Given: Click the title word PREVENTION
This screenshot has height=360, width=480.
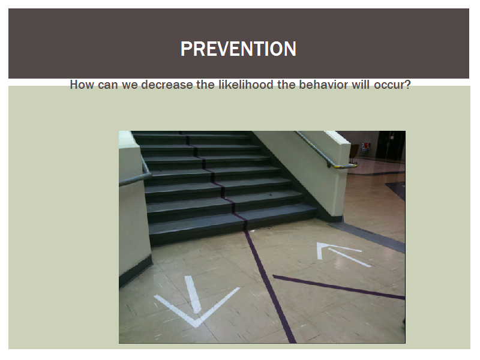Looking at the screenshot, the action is [x=238, y=49].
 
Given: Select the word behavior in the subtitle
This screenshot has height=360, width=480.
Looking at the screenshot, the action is [x=323, y=85].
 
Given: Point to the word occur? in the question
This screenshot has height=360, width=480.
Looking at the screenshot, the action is [x=392, y=85].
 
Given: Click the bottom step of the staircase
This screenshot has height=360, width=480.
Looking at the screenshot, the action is [x=233, y=227].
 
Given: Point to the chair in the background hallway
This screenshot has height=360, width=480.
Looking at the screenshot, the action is [x=355, y=153].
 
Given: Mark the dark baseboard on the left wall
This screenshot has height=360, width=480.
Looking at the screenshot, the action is [x=136, y=272].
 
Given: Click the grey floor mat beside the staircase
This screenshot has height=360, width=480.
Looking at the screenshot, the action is [x=367, y=236].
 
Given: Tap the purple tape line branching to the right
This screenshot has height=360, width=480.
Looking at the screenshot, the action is [x=338, y=287].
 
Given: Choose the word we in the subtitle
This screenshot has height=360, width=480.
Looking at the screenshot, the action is [x=129, y=85].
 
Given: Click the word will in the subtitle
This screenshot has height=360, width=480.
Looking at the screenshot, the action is [x=361, y=85].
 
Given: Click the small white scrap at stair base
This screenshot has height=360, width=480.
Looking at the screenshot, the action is [x=253, y=231].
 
